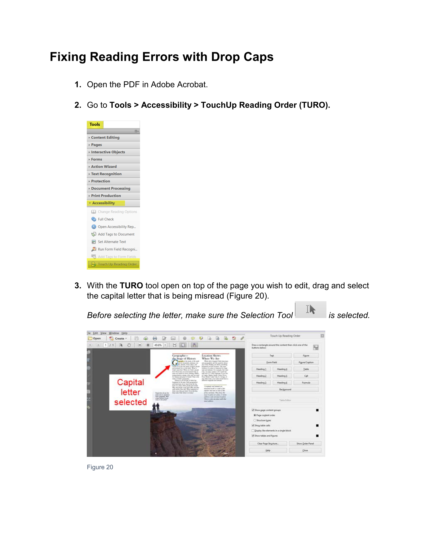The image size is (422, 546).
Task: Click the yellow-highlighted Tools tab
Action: [x=95, y=124]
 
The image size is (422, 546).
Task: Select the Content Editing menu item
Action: [x=105, y=137]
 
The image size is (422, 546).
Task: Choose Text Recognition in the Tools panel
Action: [x=106, y=174]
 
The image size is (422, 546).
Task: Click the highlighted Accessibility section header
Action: [x=103, y=203]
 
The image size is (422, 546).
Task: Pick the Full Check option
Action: [x=105, y=219]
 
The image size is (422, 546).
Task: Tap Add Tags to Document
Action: [x=116, y=234]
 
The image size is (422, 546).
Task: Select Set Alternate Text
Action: [x=112, y=242]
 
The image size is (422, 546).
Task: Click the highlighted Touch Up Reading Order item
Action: [x=117, y=264]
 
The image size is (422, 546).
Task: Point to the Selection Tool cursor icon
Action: [x=310, y=310]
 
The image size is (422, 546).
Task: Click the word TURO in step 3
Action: [x=131, y=285]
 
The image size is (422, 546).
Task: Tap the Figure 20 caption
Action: [x=100, y=467]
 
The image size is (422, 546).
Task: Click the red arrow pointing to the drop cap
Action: [x=163, y=371]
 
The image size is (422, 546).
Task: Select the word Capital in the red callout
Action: [x=130, y=382]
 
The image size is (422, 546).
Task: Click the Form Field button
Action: [x=271, y=363]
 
